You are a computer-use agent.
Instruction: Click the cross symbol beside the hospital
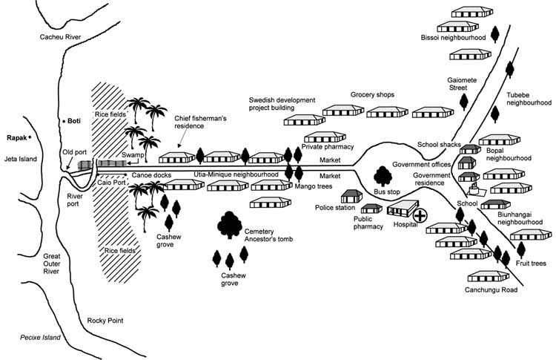[x=420, y=215]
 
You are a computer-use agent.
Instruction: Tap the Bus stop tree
[x=383, y=176]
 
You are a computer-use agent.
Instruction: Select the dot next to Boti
[x=62, y=121]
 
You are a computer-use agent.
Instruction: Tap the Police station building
[x=351, y=196]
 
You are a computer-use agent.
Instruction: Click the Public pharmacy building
[x=371, y=209]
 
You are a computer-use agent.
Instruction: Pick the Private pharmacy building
[x=324, y=137]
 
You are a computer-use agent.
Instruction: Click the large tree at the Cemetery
[x=229, y=223]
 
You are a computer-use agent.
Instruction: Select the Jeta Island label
[x=19, y=158]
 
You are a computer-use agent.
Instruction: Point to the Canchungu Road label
[x=491, y=290]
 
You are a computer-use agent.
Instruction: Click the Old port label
[x=75, y=152]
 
